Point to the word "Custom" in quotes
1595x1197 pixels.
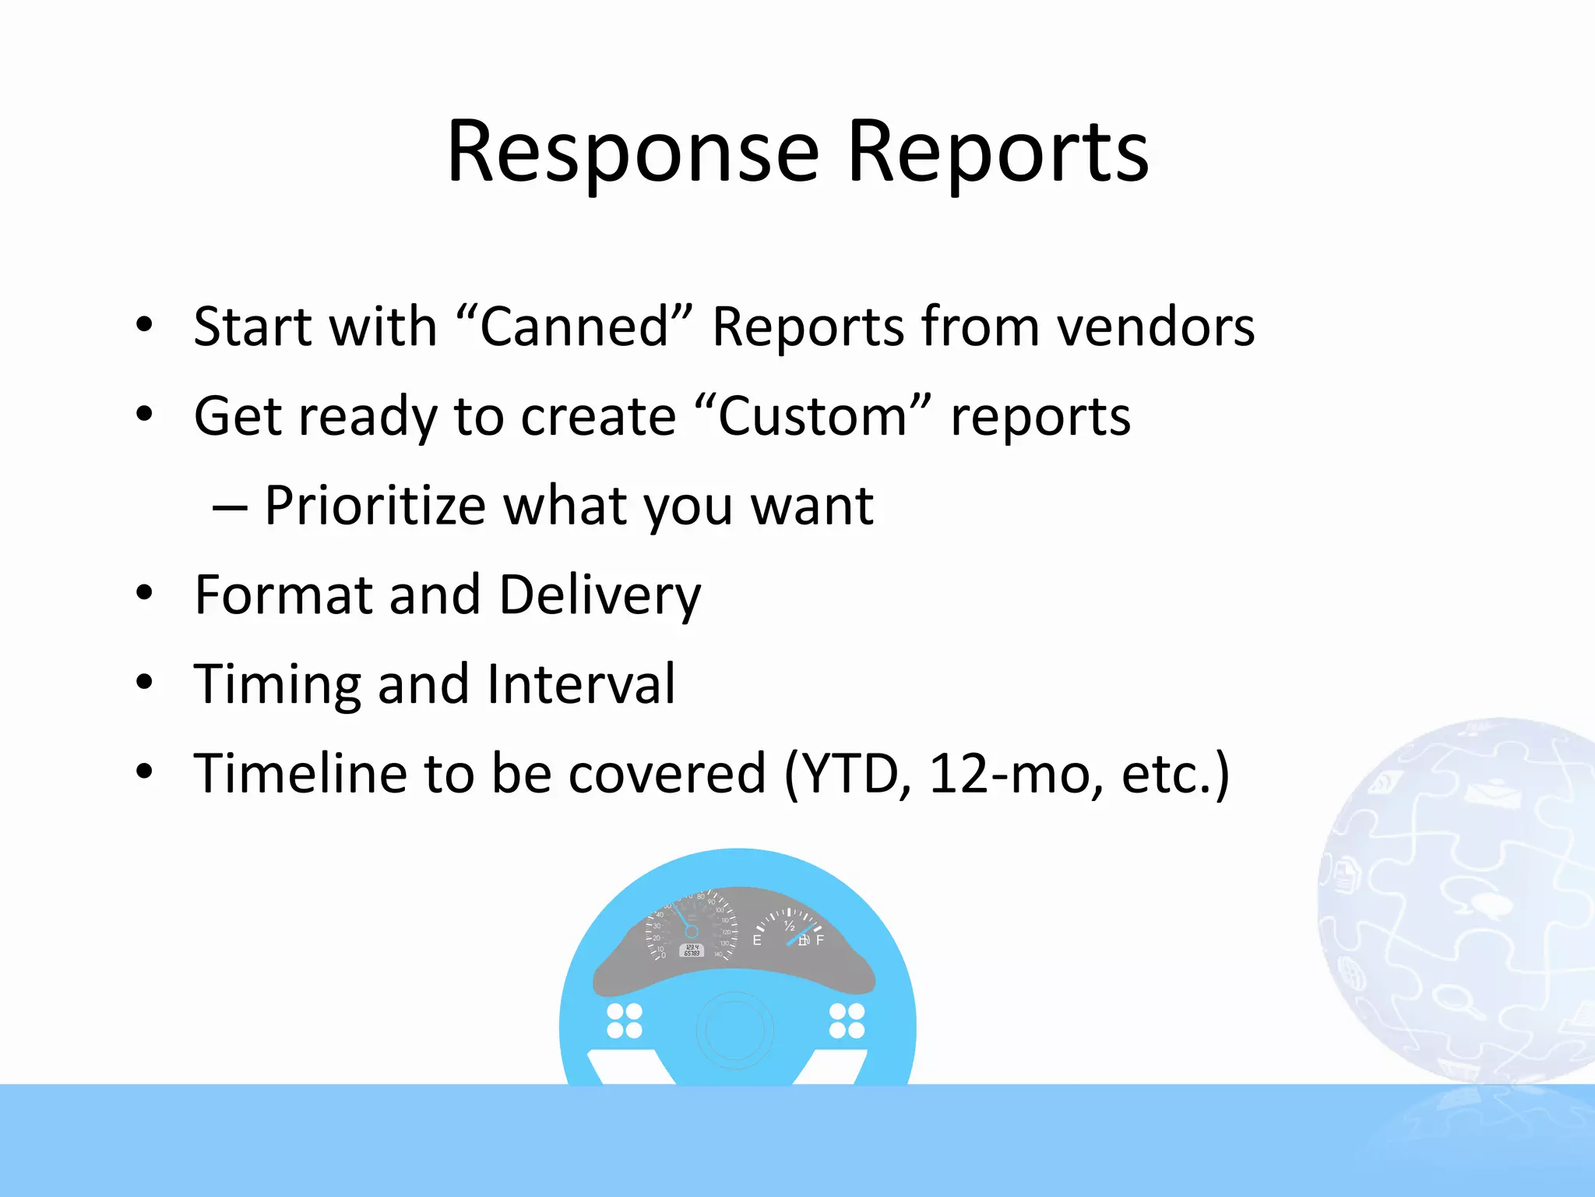[812, 416]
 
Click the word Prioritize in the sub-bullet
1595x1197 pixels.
[375, 506]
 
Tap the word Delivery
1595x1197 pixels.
[600, 595]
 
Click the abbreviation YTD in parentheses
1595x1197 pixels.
[855, 774]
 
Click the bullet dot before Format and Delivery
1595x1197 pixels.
[144, 594]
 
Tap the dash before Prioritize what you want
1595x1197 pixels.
[230, 509]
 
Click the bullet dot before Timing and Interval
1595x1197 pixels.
[144, 683]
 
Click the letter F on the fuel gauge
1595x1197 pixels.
[819, 941]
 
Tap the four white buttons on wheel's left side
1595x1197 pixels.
[624, 1021]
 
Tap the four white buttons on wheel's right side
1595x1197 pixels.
[847, 1021]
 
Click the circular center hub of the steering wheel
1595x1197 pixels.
[735, 1029]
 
